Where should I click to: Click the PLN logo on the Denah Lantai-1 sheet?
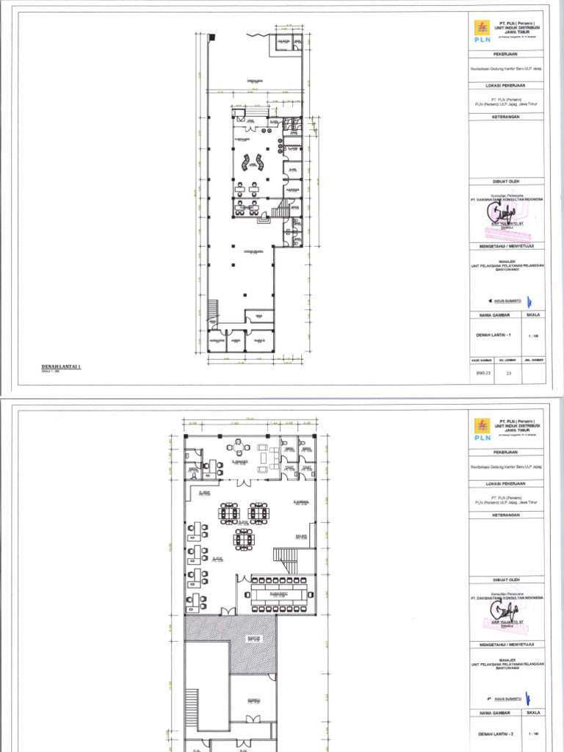pos(482,33)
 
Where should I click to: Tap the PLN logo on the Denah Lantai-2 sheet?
pos(482,429)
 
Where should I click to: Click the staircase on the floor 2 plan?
pos(287,558)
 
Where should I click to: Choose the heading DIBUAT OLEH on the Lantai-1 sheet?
pos(507,181)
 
